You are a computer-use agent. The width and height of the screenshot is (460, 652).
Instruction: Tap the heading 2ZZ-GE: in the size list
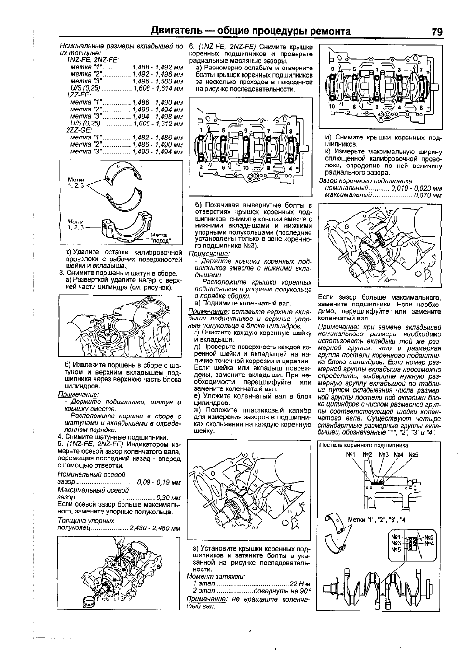point(80,131)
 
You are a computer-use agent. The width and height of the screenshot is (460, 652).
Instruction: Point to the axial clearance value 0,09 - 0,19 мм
point(159,482)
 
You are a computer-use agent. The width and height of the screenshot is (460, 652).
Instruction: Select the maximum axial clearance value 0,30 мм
point(168,498)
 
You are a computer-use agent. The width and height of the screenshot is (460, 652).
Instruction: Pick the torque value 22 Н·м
point(299,583)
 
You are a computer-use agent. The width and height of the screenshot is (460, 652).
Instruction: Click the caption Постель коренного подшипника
point(363,445)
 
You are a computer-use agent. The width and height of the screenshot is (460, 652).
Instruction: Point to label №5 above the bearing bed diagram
point(413,455)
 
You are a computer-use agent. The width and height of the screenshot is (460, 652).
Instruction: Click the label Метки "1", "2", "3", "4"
point(378,519)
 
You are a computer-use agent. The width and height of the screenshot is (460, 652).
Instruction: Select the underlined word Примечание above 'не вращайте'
point(206,598)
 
